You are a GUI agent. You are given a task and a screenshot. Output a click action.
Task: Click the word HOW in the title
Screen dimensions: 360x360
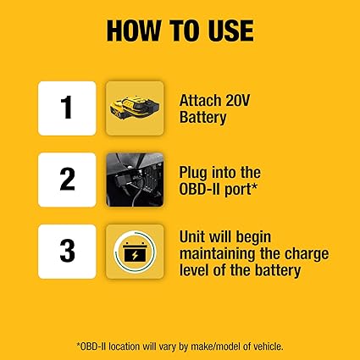134,30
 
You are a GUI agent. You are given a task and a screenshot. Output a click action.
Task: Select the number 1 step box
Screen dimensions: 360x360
67,108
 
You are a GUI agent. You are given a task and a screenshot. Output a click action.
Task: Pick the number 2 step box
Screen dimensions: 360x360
67,180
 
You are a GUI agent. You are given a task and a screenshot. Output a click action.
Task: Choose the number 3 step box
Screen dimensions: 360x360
67,252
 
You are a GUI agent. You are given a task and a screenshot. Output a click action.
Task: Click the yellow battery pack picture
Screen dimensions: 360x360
135,108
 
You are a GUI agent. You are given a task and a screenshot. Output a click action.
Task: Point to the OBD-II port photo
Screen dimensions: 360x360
135,180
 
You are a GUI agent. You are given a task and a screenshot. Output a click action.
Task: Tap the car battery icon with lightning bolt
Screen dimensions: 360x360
135,252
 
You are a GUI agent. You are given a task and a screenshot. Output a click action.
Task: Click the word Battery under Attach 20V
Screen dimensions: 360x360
203,118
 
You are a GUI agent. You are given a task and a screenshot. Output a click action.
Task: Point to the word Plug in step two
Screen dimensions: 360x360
193,173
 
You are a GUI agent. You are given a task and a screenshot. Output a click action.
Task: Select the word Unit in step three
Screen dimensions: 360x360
193,237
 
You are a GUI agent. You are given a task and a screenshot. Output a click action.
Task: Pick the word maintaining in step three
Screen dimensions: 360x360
218,254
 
